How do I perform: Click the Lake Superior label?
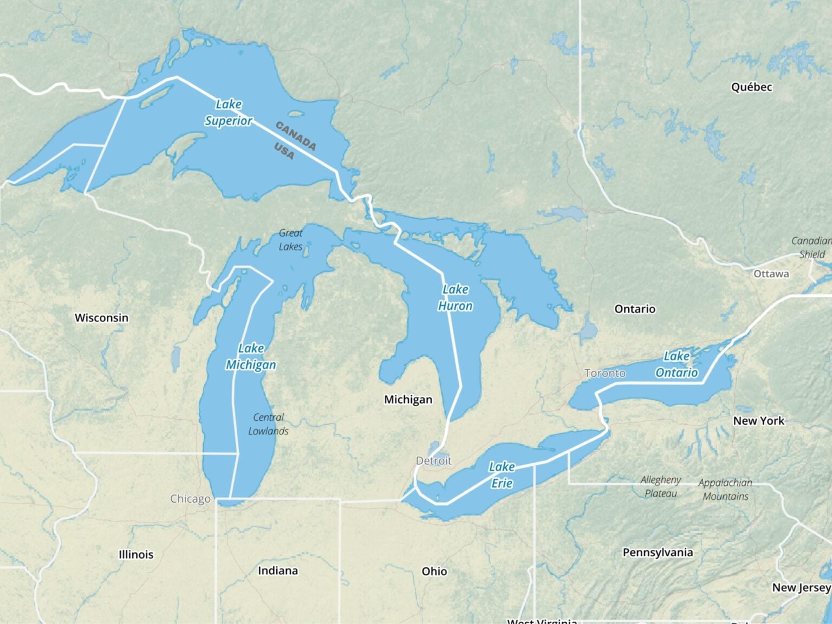229,113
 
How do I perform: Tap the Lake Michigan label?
251,357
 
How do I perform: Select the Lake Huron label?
455,298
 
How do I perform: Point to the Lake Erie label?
502,475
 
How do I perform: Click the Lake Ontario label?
677,365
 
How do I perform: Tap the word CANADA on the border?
296,136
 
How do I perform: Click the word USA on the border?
284,151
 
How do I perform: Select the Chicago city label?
190,499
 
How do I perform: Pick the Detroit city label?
433,461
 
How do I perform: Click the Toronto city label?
604,373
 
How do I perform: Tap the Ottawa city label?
771,274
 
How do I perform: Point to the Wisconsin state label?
101,318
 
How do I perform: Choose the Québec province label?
751,87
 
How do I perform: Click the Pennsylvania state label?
658,552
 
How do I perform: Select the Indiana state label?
277,571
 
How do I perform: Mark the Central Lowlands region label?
268,424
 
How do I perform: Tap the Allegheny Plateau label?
661,486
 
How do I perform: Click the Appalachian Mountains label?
725,490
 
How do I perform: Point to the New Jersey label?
801,588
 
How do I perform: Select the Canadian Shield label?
811,248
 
